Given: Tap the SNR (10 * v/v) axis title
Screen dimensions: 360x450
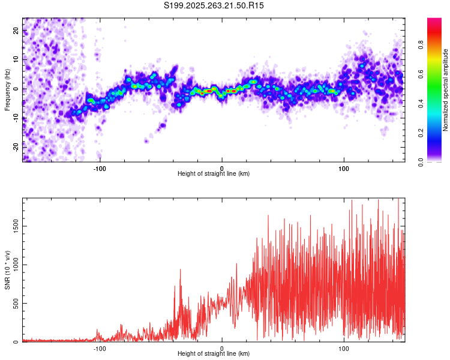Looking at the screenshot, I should (7, 270).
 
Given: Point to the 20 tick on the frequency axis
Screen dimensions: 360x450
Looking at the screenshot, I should (16, 31).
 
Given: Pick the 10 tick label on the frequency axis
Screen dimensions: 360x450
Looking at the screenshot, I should (16, 60).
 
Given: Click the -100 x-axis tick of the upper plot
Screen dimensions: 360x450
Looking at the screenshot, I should (100, 167).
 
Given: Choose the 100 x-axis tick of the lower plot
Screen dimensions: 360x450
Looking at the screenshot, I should (344, 347).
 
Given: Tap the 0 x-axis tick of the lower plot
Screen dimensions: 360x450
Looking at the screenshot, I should (222, 347).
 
